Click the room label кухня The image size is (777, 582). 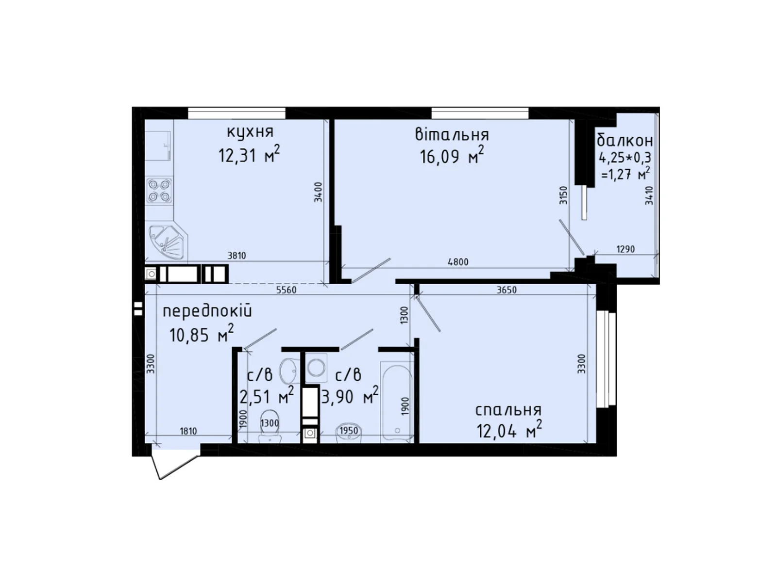pyautogui.click(x=250, y=131)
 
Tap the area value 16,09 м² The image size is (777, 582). pyautogui.click(x=452, y=157)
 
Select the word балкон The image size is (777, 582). pyautogui.click(x=625, y=141)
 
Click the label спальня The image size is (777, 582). pyautogui.click(x=508, y=410)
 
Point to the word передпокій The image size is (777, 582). pyautogui.click(x=207, y=311)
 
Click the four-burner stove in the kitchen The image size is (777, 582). pyautogui.click(x=159, y=190)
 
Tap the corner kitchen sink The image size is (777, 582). pyautogui.click(x=167, y=243)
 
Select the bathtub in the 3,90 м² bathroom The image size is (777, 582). pyautogui.click(x=397, y=401)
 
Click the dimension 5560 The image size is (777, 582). pyautogui.click(x=286, y=290)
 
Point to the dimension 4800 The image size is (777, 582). pyautogui.click(x=458, y=262)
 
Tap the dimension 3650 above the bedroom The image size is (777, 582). pyautogui.click(x=507, y=290)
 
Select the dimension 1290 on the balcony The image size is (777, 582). pyautogui.click(x=625, y=249)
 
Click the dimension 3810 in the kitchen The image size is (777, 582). pyautogui.click(x=236, y=256)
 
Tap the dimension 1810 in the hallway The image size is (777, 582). pyautogui.click(x=188, y=431)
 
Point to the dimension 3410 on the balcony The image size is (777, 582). pyautogui.click(x=649, y=196)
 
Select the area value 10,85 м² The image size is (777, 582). pyautogui.click(x=202, y=335)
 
